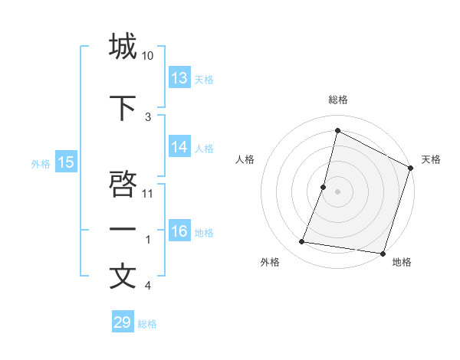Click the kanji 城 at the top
click(123, 47)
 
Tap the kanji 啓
click(123, 184)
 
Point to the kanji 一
click(123, 229)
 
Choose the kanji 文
click(123, 277)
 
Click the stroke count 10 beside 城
click(148, 56)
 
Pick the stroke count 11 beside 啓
click(149, 193)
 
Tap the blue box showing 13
click(179, 77)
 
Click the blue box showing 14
click(179, 147)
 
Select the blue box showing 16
click(179, 231)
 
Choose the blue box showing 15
click(66, 162)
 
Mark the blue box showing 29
click(123, 322)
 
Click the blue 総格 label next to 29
click(147, 324)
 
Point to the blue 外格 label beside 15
click(41, 162)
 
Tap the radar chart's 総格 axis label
click(338, 100)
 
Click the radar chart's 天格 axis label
click(431, 159)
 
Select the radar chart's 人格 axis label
click(245, 159)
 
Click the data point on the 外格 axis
click(302, 242)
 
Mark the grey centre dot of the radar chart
click(338, 191)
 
